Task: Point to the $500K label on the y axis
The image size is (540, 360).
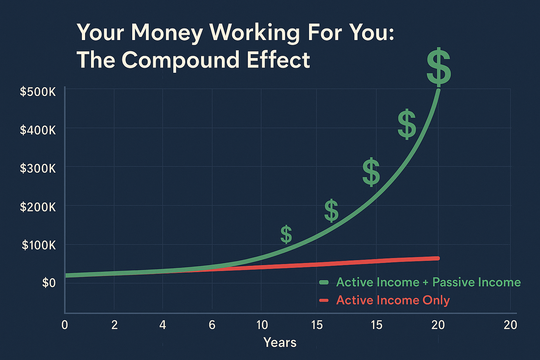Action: tap(38, 92)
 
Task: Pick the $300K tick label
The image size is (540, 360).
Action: tap(38, 168)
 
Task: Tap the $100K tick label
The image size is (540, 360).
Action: tap(39, 245)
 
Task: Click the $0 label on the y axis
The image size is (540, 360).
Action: tap(49, 283)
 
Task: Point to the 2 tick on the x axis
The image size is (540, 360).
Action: tap(115, 325)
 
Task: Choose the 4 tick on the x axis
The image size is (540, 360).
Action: tap(163, 325)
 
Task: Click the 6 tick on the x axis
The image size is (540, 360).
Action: tap(212, 325)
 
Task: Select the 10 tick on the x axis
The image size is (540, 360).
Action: tap(262, 325)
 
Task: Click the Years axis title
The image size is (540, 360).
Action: tap(280, 342)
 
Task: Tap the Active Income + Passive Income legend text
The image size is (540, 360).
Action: tap(429, 282)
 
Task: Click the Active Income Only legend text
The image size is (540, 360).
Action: tap(393, 300)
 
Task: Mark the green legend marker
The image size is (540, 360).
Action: tap(324, 282)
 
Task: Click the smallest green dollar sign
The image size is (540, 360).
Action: tap(286, 234)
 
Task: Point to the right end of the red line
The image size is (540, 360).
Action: tap(438, 258)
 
